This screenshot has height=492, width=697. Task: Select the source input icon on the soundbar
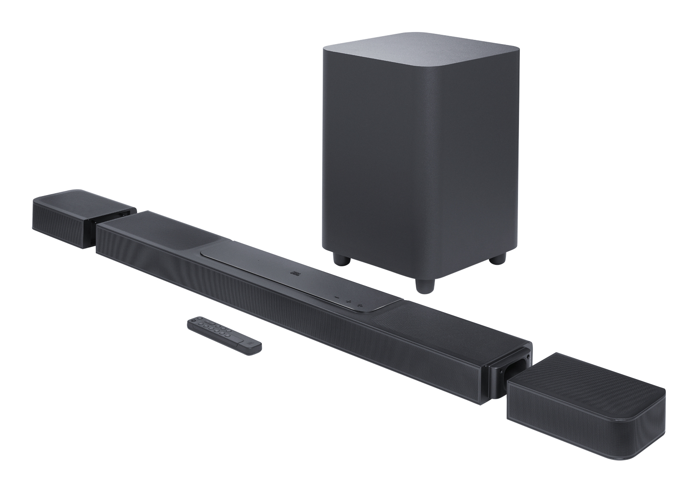[360, 305]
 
